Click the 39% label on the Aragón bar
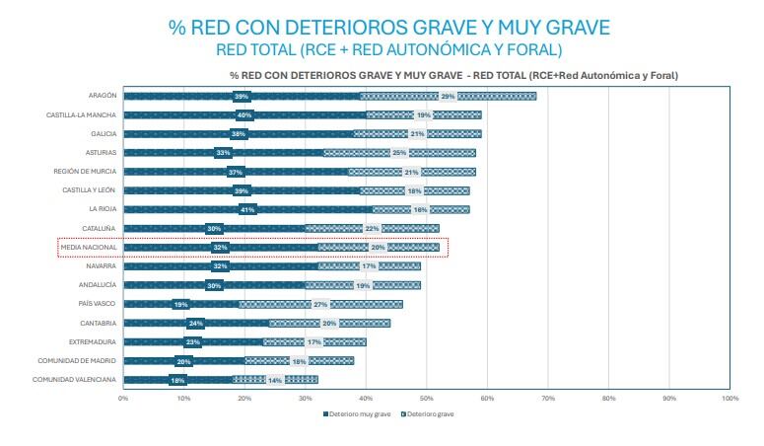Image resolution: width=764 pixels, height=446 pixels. [241, 96]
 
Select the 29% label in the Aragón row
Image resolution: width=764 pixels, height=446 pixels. [448, 96]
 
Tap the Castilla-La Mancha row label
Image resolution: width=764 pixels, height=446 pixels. [81, 114]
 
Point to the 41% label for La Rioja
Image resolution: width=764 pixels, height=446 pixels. [247, 209]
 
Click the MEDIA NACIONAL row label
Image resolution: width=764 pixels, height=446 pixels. [89, 247]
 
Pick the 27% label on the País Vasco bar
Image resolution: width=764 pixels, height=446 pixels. [319, 304]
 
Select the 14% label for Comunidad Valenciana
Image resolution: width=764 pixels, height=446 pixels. [275, 380]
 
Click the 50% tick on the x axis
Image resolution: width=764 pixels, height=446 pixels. [427, 398]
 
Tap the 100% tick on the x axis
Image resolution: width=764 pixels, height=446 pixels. [729, 398]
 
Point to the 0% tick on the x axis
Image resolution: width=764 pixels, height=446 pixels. [123, 398]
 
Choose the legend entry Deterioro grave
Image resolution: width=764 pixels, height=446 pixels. [427, 413]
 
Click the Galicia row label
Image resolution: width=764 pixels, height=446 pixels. [104, 133]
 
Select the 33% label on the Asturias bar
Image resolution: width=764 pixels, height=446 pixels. [223, 153]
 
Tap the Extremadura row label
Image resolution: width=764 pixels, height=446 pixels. [94, 341]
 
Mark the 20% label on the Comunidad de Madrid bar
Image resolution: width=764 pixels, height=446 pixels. [183, 361]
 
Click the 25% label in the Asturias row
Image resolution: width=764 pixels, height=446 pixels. [399, 153]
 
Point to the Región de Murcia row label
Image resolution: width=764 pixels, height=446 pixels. [86, 171]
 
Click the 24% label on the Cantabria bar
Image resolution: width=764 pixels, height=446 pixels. [195, 323]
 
